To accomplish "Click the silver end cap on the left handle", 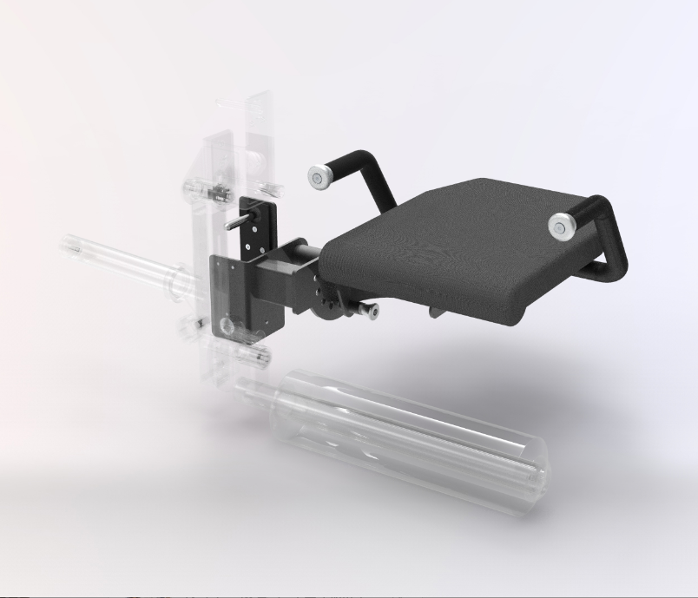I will (319, 177).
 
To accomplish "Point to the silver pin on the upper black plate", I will (234, 221).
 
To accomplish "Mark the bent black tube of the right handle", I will (613, 252).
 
